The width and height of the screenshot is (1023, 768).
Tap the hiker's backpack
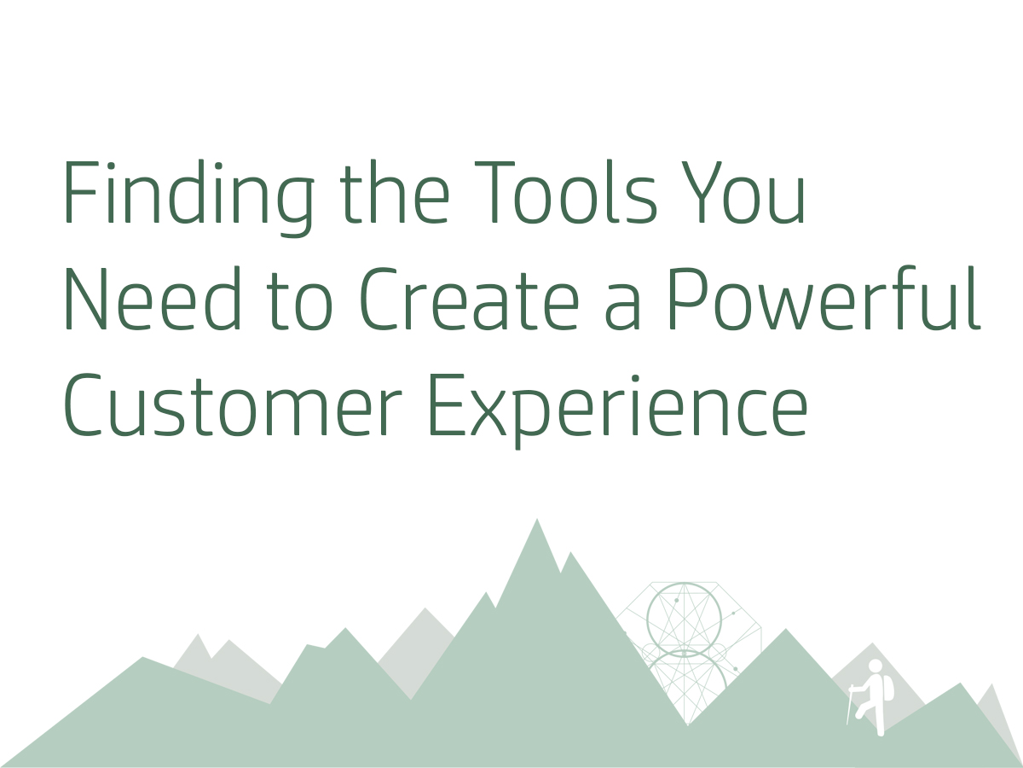coord(888,688)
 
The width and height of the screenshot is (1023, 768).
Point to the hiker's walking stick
coord(849,705)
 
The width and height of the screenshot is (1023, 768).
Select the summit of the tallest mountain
coord(537,520)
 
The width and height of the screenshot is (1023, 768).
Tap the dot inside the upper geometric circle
coord(677,601)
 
